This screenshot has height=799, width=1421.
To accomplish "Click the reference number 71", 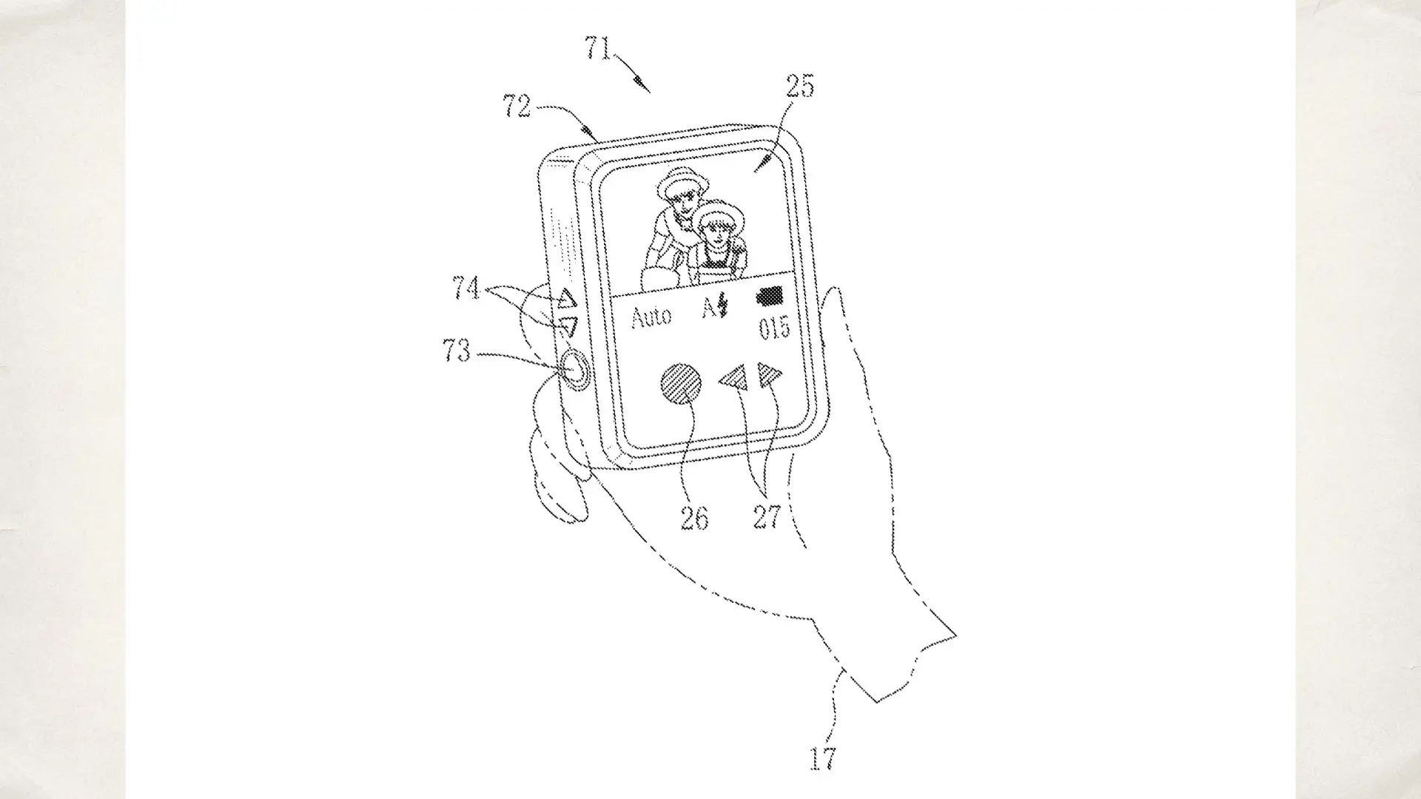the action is pyautogui.click(x=599, y=48).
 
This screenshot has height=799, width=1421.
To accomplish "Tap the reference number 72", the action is pyautogui.click(x=517, y=107).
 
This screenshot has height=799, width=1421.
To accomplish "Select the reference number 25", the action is pyautogui.click(x=799, y=87).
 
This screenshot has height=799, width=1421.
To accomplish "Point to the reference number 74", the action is pyautogui.click(x=466, y=288).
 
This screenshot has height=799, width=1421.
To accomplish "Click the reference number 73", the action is pyautogui.click(x=456, y=350).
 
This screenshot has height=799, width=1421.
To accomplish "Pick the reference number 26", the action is pyautogui.click(x=694, y=518).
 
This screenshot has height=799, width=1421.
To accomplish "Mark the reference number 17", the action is pyautogui.click(x=822, y=758).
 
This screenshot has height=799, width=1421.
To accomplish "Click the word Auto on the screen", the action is pyautogui.click(x=651, y=317).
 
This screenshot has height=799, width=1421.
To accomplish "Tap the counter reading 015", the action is pyautogui.click(x=775, y=328).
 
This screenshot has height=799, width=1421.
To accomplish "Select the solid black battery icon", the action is pyautogui.click(x=770, y=297).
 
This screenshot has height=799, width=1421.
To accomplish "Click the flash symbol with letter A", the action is pyautogui.click(x=715, y=306).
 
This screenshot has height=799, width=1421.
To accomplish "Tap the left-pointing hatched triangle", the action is pyautogui.click(x=733, y=379).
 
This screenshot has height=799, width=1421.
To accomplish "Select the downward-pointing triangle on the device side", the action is pyautogui.click(x=568, y=326).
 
